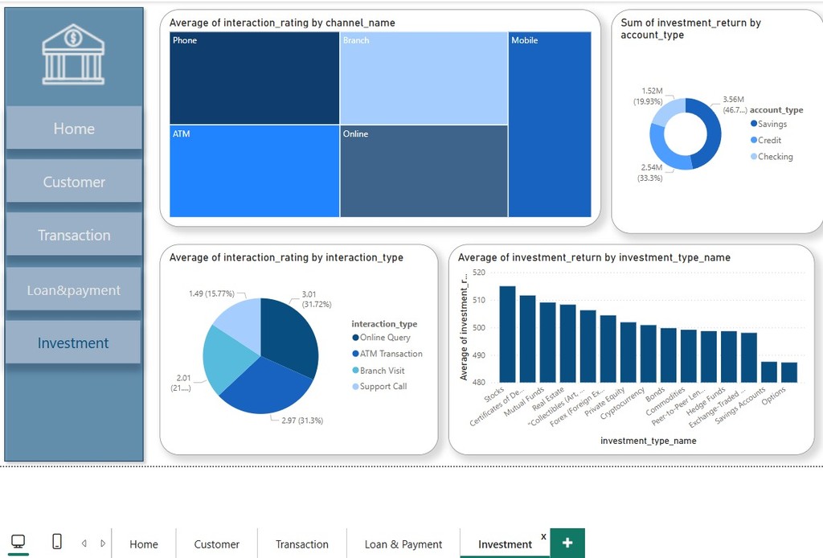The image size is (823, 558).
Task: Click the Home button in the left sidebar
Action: tap(74, 129)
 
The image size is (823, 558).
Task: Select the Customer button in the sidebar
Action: tap(74, 182)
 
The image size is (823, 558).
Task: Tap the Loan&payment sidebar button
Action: tap(74, 290)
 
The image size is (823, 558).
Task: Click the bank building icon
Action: tap(73, 54)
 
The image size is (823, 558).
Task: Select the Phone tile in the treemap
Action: tap(254, 78)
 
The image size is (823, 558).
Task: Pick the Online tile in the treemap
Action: tap(424, 170)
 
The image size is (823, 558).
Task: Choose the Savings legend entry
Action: tap(772, 124)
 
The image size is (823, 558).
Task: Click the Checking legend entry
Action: tap(775, 157)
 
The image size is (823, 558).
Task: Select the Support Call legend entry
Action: tap(383, 387)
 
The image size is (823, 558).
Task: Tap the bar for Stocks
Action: tap(507, 334)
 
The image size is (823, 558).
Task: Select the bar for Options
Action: tap(789, 372)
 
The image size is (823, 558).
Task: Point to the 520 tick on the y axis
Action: tap(479, 273)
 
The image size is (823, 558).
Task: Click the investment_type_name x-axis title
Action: tap(648, 441)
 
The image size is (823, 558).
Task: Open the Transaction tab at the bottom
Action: tap(301, 544)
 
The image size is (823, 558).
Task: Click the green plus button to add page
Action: tap(567, 543)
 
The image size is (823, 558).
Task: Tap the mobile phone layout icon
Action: tap(57, 542)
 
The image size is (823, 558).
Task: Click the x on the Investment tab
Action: tap(543, 536)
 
